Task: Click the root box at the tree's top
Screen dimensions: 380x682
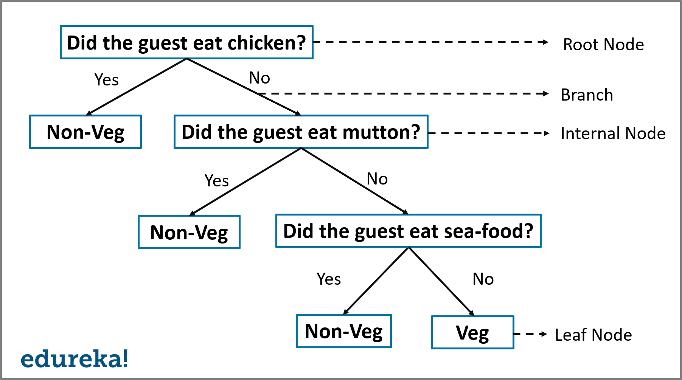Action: tap(186, 42)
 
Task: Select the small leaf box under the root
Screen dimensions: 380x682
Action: tap(85, 132)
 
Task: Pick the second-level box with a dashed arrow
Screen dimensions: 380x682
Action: tap(301, 132)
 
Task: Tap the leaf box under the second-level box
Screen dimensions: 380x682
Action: tap(189, 232)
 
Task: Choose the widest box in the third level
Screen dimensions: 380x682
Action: tap(409, 231)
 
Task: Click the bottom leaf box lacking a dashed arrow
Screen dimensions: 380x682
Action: tap(343, 331)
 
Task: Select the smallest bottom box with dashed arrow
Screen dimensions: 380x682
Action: tap(472, 332)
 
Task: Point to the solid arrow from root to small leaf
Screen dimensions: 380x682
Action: tap(136, 87)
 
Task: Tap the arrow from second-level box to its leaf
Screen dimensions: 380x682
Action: tap(245, 181)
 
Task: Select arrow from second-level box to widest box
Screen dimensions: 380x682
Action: tap(355, 181)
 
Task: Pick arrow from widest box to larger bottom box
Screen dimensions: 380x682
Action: tap(376, 281)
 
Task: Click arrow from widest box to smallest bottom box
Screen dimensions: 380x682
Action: tap(441, 281)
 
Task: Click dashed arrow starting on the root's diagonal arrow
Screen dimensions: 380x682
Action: tap(403, 93)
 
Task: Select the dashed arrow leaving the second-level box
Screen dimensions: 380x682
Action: tap(488, 133)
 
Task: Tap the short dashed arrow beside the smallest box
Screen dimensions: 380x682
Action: tap(530, 334)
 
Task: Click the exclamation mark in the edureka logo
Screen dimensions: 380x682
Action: tap(126, 358)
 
